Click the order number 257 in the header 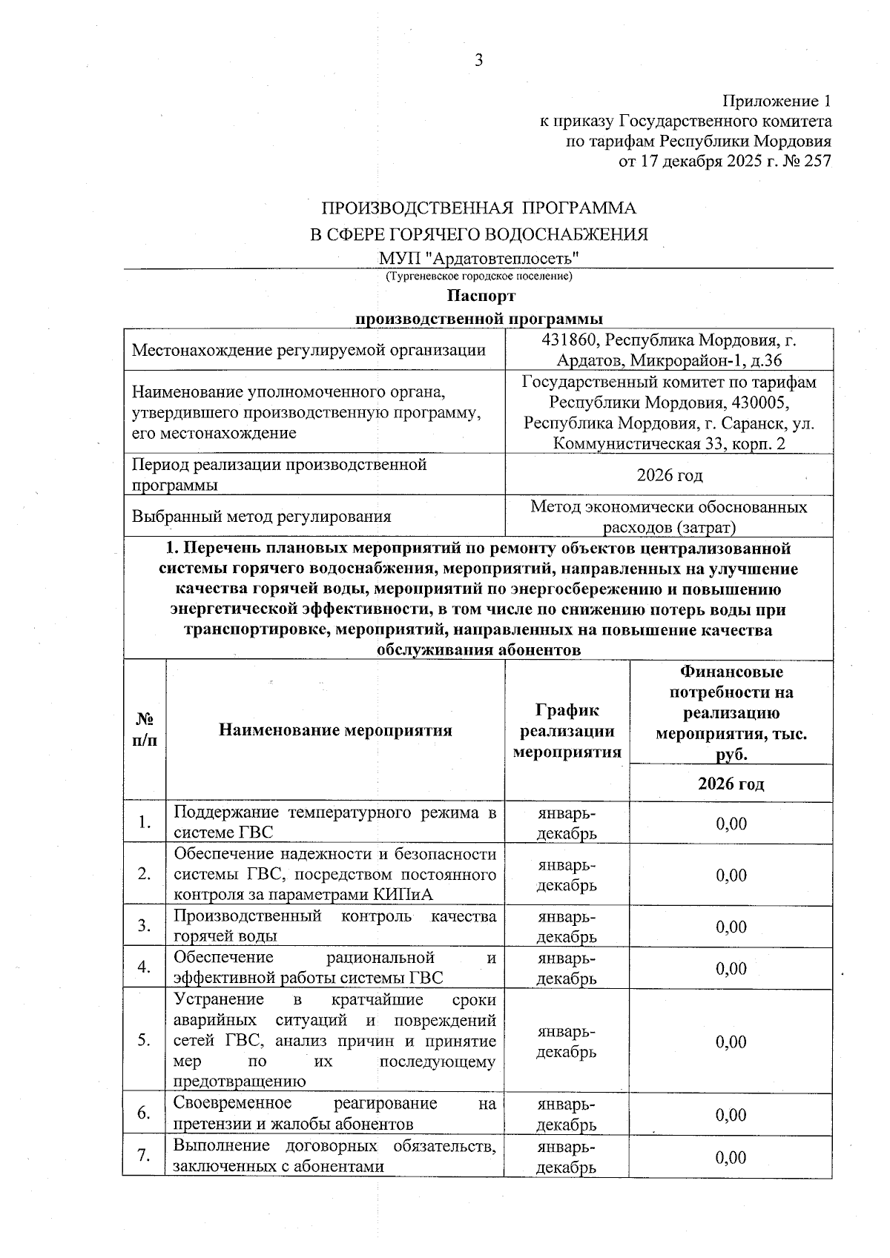tap(817, 161)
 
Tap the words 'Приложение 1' tap(777, 101)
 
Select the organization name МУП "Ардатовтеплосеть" tap(478, 258)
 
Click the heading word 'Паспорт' tap(480, 297)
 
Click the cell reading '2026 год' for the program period tap(669, 475)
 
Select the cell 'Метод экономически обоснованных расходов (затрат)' tap(669, 517)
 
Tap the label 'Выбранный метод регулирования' tap(261, 517)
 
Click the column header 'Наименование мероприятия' tap(335, 730)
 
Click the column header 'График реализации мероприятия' tap(567, 731)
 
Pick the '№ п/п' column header tap(145, 730)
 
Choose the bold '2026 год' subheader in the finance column tap(731, 784)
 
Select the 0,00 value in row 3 tap(731, 927)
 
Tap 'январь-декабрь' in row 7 tap(567, 1157)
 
